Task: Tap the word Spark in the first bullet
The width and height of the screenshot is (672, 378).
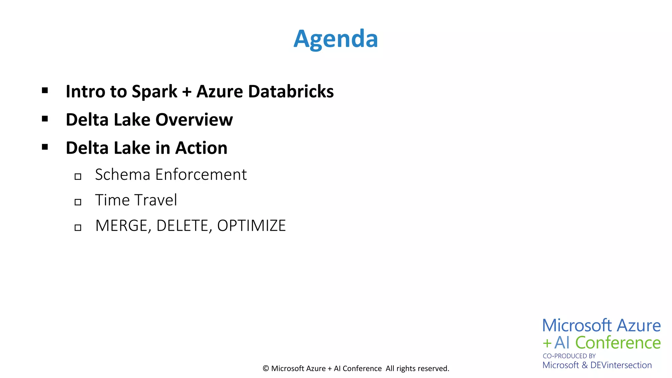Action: tap(154, 92)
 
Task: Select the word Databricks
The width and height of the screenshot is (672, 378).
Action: tap(291, 91)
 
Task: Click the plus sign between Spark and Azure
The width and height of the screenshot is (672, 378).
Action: tap(187, 92)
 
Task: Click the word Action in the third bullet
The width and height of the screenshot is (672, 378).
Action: tap(201, 148)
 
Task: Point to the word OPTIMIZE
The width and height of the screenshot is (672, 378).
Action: tap(251, 226)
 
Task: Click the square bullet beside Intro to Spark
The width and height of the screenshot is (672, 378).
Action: tap(45, 91)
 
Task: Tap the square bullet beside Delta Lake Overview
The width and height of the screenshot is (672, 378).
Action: tap(45, 119)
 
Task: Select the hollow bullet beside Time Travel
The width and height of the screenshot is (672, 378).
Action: tap(78, 202)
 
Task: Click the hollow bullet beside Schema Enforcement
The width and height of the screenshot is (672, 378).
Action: tap(78, 177)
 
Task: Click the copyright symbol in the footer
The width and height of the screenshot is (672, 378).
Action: tap(266, 368)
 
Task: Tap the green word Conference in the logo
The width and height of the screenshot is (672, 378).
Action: tap(618, 343)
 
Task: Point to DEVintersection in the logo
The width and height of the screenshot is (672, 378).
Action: tap(621, 365)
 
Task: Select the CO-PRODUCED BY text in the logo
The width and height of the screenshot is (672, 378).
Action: tap(569, 356)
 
